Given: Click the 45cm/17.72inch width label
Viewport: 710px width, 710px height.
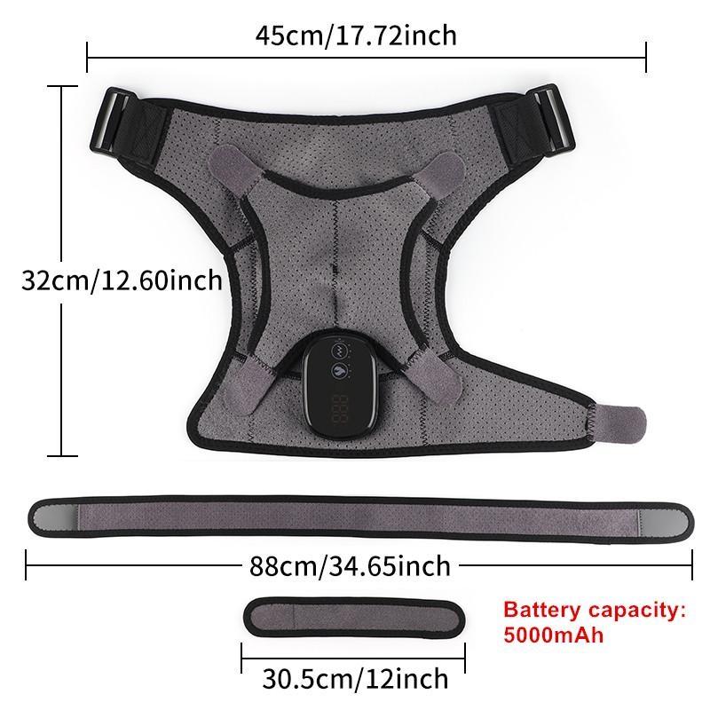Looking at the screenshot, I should [x=355, y=35].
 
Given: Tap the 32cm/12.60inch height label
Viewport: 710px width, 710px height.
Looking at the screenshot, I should [x=122, y=281].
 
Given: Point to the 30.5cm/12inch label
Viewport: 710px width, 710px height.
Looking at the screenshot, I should [x=355, y=679].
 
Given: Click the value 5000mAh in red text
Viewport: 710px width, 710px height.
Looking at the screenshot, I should [x=556, y=636].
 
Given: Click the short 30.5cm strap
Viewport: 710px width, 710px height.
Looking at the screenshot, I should [x=355, y=615].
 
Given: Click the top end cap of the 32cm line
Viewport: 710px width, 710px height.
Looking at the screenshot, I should [x=60, y=86].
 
